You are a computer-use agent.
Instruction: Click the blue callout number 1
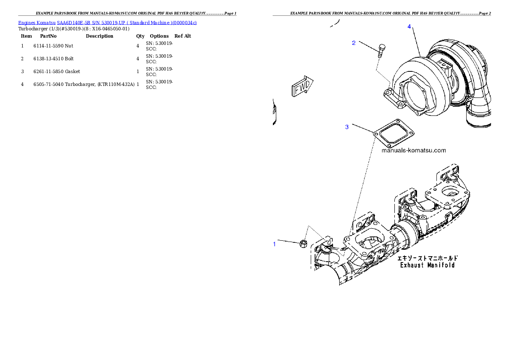click(275, 244)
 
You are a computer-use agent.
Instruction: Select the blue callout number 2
click(354, 43)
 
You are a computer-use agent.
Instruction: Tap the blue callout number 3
click(347, 127)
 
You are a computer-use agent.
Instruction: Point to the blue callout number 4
click(409, 27)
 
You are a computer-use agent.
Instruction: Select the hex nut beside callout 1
click(302, 244)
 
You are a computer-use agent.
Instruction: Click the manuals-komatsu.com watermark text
click(413, 150)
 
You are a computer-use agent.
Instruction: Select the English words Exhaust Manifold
click(427, 265)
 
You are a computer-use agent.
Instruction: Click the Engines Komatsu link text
click(37, 23)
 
